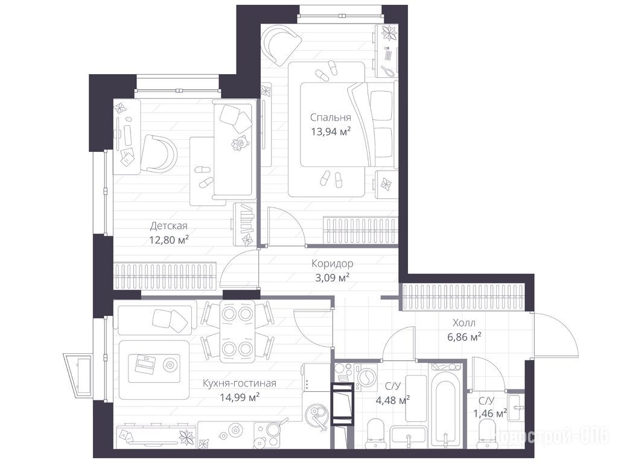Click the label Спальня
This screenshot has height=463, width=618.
pos(330,118)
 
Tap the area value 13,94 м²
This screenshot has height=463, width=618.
pos(331,131)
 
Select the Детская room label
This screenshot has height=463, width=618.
pos(169,226)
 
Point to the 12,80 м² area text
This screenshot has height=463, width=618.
pos(169,240)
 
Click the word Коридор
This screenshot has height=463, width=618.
pos(333,263)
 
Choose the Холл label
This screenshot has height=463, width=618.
pos(464,323)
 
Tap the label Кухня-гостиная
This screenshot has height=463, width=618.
pos(239,383)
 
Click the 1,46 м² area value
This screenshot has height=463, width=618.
pos(490,414)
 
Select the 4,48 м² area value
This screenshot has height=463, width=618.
pos(392,401)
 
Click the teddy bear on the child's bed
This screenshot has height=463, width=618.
pos(239,143)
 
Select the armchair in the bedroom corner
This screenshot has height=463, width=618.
pos(281,44)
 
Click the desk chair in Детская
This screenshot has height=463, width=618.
pos(158,154)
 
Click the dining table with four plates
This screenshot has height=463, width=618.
pos(237,332)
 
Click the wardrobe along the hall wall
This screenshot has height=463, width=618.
pos(463,297)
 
